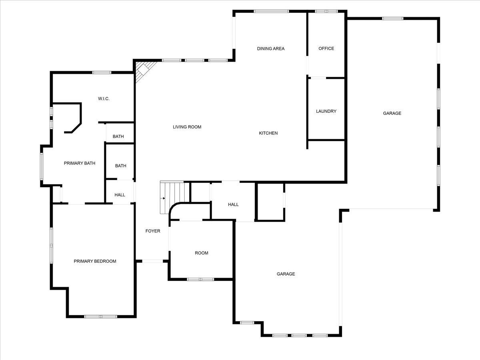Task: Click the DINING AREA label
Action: [x=271, y=49]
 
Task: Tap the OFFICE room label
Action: [x=326, y=49]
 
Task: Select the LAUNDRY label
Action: [x=326, y=111]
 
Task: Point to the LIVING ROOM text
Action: [x=187, y=127]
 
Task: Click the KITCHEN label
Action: [x=268, y=133]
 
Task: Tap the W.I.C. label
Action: [x=104, y=99]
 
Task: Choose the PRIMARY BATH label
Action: [x=80, y=163]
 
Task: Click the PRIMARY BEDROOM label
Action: [x=95, y=261]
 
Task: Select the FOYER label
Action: [x=152, y=231]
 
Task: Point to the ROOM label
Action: [x=202, y=253]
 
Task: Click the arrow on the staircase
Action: [x=163, y=198]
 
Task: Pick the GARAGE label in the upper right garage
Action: [x=392, y=114]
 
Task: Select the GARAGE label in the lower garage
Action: [x=286, y=274]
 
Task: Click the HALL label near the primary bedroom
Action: [x=120, y=195]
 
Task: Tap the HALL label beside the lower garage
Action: [x=233, y=205]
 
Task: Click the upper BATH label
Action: [x=118, y=137]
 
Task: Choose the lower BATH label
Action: [x=121, y=166]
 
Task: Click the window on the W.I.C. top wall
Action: [x=102, y=72]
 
